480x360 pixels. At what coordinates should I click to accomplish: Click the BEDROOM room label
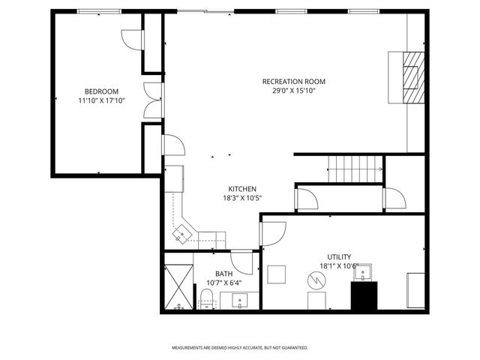point(97,91)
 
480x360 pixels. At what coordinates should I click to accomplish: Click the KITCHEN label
point(242,189)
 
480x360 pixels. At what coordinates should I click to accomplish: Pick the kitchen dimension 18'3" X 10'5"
point(242,198)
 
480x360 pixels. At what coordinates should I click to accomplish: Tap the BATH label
point(224,274)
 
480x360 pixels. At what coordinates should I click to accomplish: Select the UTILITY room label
point(339,256)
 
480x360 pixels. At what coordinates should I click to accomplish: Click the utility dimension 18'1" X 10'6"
point(339,265)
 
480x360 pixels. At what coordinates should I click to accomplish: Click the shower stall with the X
point(178,286)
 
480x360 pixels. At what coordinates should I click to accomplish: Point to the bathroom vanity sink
point(240,301)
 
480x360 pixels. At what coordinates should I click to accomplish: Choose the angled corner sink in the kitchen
point(181,235)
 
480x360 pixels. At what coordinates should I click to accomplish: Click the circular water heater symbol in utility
point(316,281)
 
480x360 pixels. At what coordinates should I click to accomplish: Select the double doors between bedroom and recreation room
point(153,98)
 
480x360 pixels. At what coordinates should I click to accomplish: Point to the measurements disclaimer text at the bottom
point(240,348)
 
